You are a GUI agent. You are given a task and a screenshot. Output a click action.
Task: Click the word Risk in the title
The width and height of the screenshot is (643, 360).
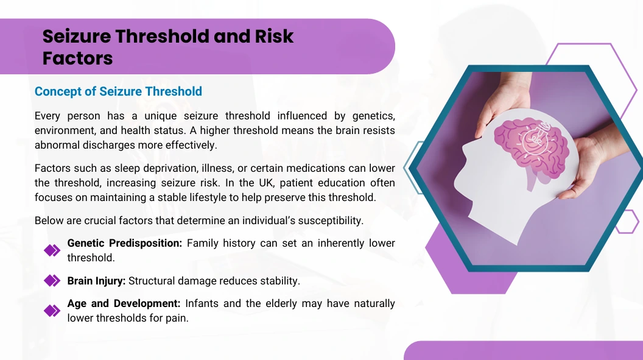click(274, 37)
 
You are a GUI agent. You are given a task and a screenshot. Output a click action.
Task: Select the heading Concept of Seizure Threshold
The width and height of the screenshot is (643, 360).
click(118, 91)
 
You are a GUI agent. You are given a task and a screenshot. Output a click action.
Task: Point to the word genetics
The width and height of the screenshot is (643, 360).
click(374, 116)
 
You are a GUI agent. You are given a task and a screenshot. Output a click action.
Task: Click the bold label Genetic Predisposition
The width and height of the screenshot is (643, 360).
click(125, 244)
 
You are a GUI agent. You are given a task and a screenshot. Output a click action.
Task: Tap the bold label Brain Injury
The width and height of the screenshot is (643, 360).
click(96, 281)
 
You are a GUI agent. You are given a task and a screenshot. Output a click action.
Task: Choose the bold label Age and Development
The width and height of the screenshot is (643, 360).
click(124, 303)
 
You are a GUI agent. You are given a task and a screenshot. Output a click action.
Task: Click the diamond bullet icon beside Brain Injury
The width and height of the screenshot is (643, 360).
click(52, 281)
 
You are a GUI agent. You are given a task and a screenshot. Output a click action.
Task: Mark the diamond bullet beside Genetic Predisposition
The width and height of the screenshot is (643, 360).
click(52, 250)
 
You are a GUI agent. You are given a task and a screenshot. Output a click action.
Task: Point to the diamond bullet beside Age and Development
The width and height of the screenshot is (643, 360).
click(52, 311)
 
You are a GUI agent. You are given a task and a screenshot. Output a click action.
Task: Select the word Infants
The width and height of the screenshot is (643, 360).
click(201, 303)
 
